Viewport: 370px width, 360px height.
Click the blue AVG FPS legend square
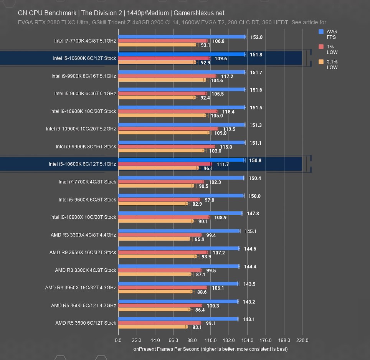click(x=321, y=32)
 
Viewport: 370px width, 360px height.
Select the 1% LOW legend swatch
click(x=321, y=47)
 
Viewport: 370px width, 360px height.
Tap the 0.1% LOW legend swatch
click(x=321, y=62)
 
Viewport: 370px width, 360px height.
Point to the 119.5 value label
click(x=229, y=129)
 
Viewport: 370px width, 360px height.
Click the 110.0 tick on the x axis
click(x=210, y=340)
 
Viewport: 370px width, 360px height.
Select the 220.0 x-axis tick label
click(x=302, y=340)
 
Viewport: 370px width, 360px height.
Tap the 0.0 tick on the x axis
click(x=118, y=340)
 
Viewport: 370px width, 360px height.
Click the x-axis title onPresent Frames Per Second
click(x=210, y=349)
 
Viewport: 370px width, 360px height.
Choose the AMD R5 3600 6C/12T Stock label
click(x=86, y=323)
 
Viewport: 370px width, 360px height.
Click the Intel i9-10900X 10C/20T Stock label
click(x=83, y=217)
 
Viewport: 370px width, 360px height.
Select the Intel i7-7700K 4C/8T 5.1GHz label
click(x=85, y=40)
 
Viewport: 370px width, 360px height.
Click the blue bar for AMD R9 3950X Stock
click(x=178, y=248)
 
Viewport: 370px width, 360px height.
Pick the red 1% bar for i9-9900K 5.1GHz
click(x=167, y=76)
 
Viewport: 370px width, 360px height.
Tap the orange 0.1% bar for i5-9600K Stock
click(x=153, y=203)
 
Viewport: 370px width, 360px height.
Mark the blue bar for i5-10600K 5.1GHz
click(x=182, y=160)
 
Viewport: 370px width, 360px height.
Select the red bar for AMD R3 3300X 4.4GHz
click(x=160, y=235)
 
